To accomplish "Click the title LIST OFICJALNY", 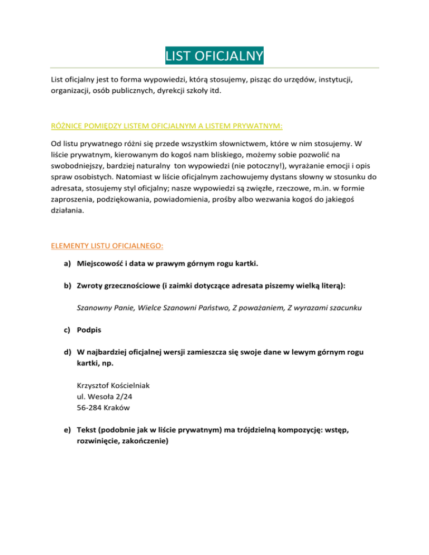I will [x=214, y=56].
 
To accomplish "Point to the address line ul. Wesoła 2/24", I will [x=104, y=396].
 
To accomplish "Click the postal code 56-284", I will [x=89, y=408].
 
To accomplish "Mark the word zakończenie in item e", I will [x=143, y=441].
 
